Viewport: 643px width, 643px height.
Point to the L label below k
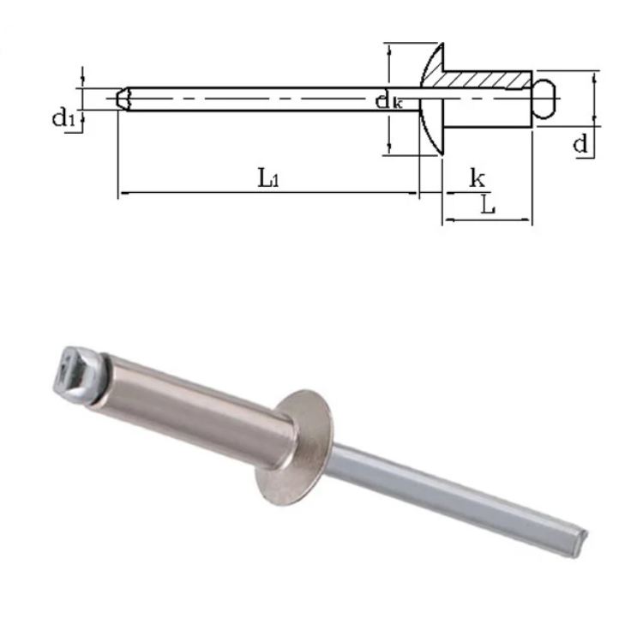(x=487, y=205)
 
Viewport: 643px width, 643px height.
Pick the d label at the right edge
(x=581, y=144)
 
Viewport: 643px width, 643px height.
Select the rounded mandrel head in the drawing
(x=545, y=99)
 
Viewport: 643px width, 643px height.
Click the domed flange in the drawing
(x=431, y=99)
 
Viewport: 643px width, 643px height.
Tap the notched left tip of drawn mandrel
(x=123, y=99)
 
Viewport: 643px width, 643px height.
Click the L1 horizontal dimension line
(x=267, y=194)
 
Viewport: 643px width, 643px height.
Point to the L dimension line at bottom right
(x=487, y=220)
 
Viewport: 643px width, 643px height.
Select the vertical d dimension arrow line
(x=594, y=99)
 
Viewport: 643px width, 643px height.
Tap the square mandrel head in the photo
(x=79, y=370)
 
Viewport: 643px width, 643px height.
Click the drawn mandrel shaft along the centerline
(x=257, y=99)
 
